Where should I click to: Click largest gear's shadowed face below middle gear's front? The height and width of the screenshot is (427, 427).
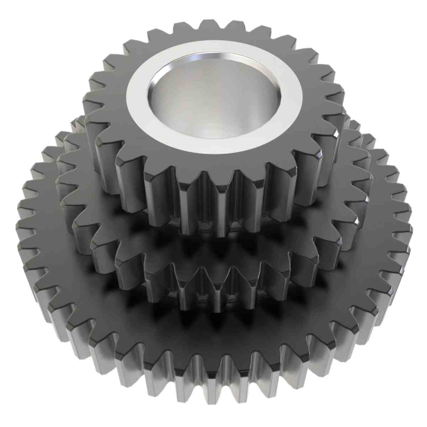213,329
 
